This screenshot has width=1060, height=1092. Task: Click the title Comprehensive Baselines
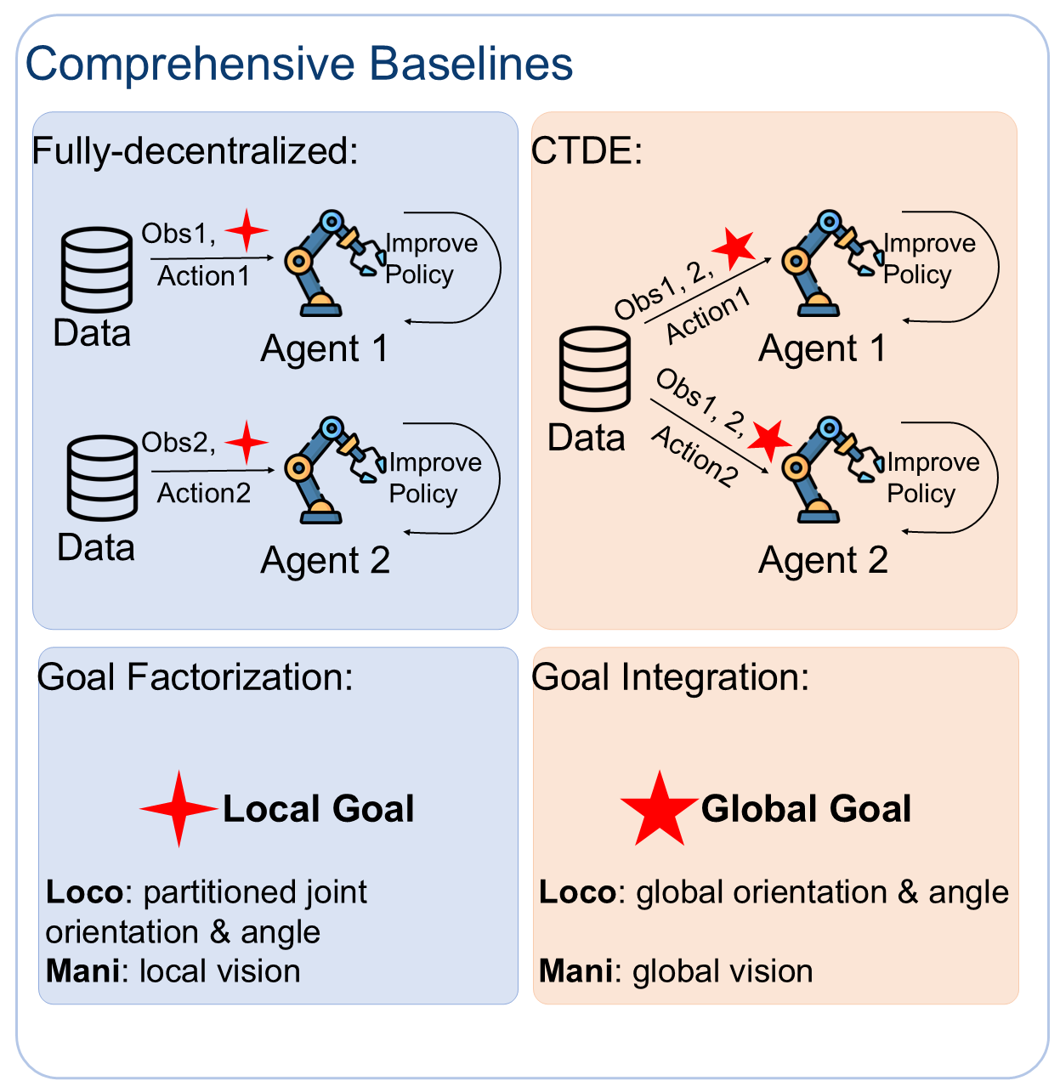point(299,64)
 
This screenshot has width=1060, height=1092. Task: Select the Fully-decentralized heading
point(195,151)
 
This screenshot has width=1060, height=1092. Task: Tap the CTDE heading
point(587,151)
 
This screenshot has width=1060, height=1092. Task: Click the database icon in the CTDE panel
point(595,370)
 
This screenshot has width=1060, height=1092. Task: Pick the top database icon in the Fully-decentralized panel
point(97,269)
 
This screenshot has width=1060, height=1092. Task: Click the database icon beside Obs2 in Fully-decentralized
point(102,478)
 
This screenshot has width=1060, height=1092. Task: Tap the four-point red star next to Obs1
point(247,230)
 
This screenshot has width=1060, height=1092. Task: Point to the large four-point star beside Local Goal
point(179,809)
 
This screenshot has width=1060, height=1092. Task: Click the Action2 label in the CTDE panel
point(694,457)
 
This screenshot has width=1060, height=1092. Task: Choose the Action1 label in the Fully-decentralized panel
point(204,276)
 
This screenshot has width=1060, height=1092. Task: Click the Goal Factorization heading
point(195,677)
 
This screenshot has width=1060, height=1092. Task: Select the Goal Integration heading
point(670,677)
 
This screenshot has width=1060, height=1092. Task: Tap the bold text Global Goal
point(806,809)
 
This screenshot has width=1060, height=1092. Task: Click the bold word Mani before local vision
point(82,970)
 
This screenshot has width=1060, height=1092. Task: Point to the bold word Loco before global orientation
point(577,892)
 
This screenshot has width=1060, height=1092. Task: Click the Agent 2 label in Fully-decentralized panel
point(325,561)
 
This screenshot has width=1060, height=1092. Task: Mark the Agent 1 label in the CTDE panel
point(822,348)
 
